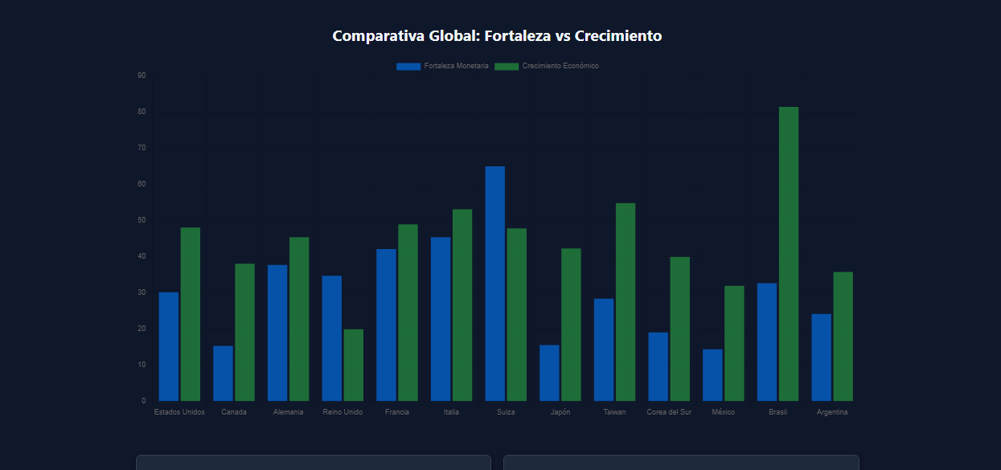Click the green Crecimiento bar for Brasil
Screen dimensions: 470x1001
point(788,254)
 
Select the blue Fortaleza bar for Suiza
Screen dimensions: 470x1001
point(494,284)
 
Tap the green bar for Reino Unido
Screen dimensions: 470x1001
point(353,365)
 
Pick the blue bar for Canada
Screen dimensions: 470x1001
point(223,374)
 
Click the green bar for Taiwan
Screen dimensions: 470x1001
point(625,302)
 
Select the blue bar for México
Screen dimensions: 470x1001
point(712,375)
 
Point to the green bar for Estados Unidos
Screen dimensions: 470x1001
point(190,314)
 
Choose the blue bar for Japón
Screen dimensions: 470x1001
point(549,373)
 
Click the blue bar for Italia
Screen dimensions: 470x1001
point(441,319)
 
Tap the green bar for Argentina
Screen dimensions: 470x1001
point(843,337)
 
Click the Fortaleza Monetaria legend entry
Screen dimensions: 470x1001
point(442,66)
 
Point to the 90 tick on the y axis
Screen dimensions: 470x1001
point(142,76)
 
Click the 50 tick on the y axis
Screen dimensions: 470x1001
point(142,220)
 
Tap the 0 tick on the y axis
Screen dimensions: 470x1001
point(143,401)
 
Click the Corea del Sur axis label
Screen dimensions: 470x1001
point(669,412)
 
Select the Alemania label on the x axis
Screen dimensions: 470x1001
point(288,412)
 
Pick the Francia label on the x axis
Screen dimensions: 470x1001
point(397,412)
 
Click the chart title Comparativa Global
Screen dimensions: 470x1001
point(497,36)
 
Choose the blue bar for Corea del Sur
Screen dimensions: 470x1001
point(658,366)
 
